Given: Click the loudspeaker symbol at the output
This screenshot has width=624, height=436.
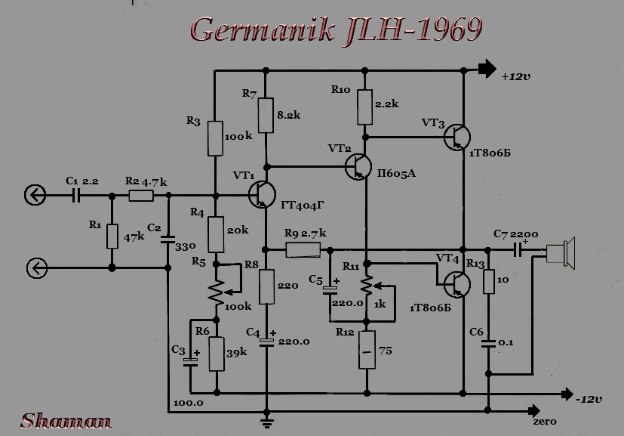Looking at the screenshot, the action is (x=561, y=253).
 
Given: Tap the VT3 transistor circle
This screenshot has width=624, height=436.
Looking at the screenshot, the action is (x=456, y=137).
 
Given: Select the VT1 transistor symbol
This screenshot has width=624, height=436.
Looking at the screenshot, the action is (x=262, y=194).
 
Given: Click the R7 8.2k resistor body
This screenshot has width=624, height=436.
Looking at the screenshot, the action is (x=266, y=115).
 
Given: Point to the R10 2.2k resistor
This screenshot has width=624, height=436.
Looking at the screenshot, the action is (x=365, y=107).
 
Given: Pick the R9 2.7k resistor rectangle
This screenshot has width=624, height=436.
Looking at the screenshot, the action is (x=303, y=250).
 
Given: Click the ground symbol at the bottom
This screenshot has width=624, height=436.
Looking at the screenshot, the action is (x=266, y=422).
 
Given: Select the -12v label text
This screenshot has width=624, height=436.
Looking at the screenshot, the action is (x=589, y=399).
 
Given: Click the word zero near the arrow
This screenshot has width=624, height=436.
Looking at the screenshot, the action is (x=545, y=422).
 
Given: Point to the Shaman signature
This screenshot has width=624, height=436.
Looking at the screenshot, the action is (x=66, y=421).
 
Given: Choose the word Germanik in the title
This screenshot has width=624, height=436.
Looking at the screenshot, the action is (x=263, y=30).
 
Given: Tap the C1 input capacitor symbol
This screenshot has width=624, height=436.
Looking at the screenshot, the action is (x=76, y=195).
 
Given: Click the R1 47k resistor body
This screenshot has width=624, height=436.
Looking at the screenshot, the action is (x=112, y=237).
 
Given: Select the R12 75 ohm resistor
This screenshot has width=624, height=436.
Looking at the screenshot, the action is (x=367, y=350).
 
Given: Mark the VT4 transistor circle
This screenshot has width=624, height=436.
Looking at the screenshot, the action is (x=456, y=285).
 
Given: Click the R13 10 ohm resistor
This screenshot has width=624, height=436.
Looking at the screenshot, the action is (x=489, y=281).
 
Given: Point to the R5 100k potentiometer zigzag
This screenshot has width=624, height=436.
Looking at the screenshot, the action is (x=216, y=293).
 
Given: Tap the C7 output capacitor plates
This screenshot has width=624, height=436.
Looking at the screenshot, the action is (x=518, y=250).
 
